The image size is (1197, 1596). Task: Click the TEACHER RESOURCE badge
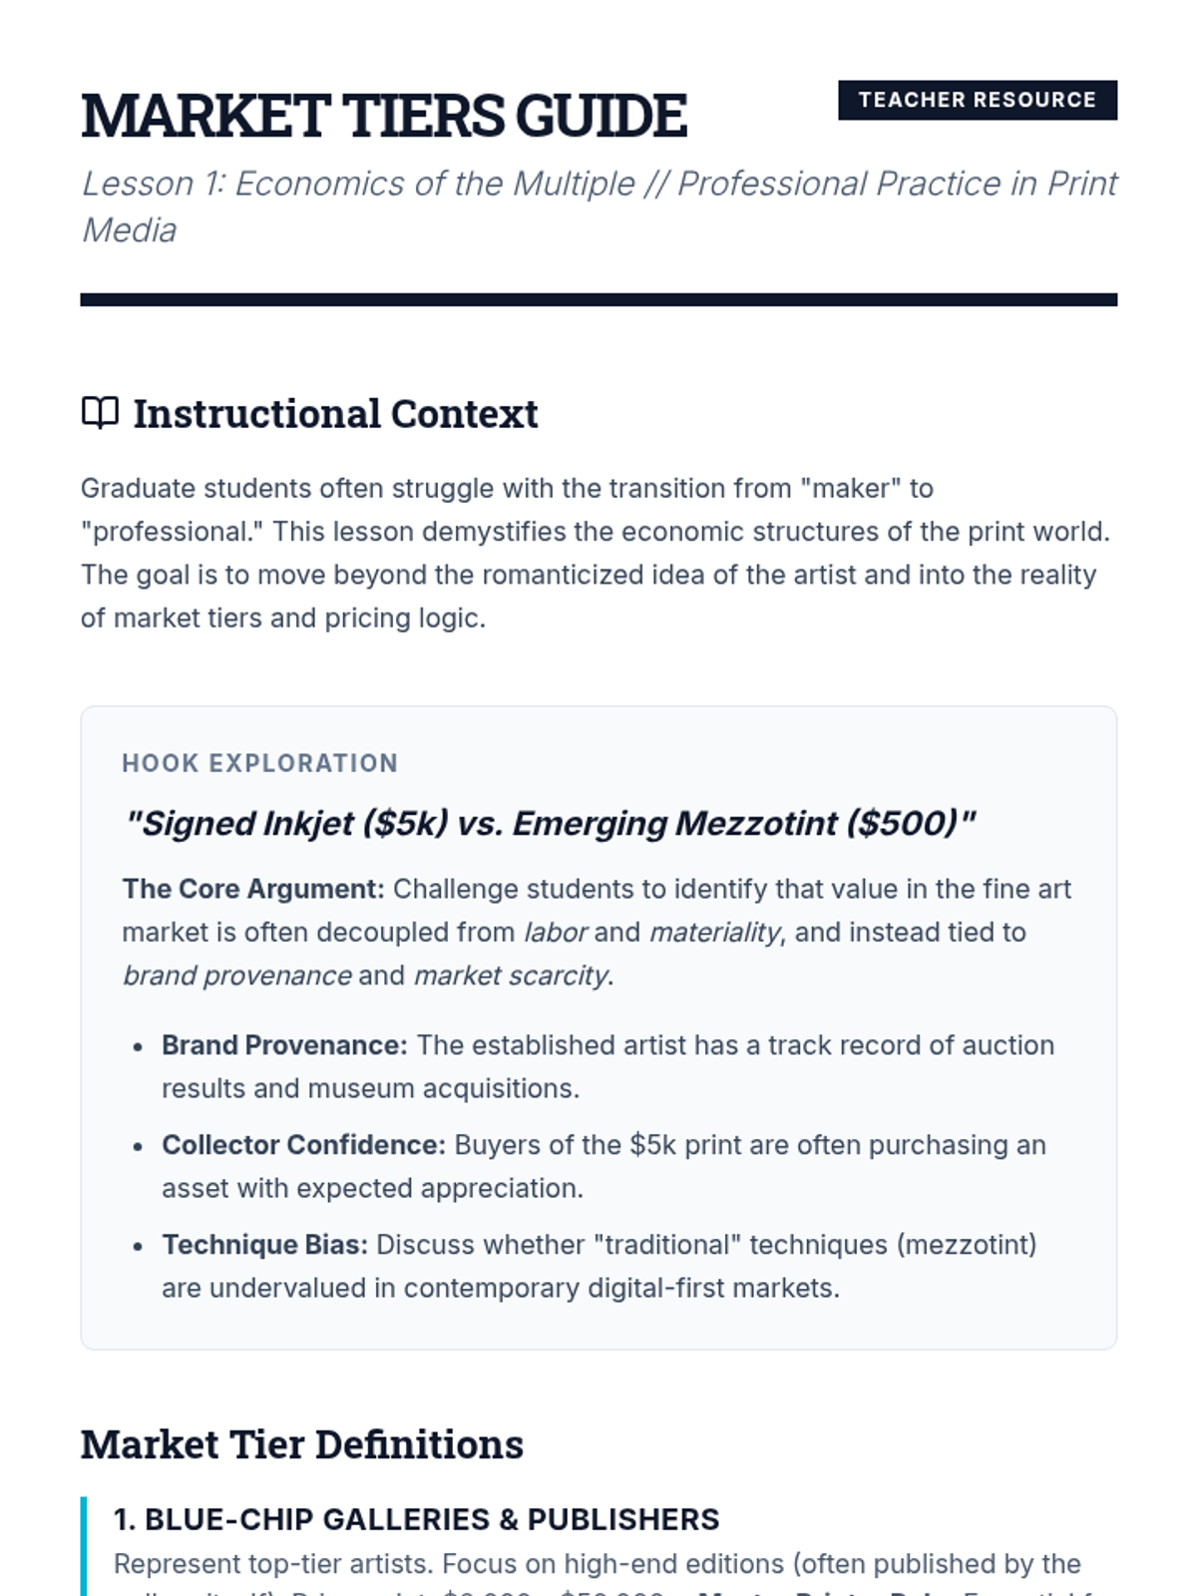[x=977, y=100]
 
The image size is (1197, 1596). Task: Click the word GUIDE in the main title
[x=601, y=116]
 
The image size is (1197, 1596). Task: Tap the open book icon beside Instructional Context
[x=100, y=412]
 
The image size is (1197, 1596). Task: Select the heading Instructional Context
[x=335, y=414]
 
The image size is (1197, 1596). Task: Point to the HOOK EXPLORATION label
[x=259, y=763]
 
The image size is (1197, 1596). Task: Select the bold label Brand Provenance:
[x=284, y=1045]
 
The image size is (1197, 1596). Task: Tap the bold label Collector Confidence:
[x=303, y=1145]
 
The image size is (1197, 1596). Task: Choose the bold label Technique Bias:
[x=264, y=1245]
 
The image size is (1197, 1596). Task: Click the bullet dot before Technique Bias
[x=138, y=1247]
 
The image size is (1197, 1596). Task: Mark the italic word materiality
[x=714, y=933]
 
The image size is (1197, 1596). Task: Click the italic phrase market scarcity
[x=510, y=976]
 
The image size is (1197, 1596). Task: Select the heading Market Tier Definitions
[x=301, y=1444]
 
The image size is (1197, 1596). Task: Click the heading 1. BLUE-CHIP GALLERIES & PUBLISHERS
[x=416, y=1519]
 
